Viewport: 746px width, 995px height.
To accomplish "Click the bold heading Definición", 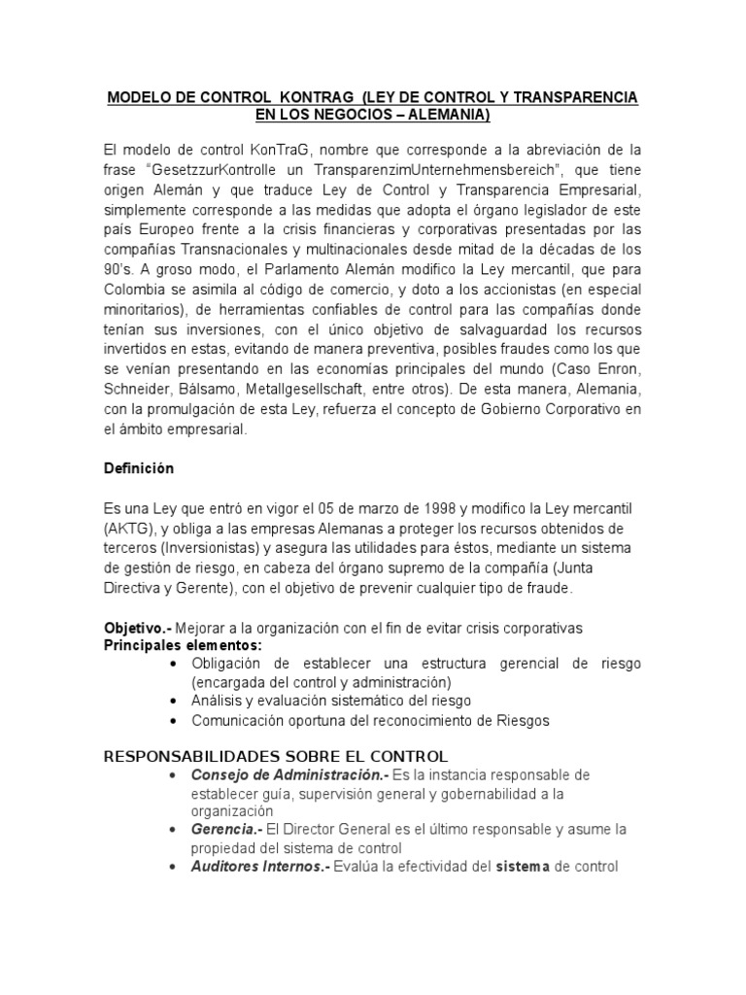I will pos(138,468).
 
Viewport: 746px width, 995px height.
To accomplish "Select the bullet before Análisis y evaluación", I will pos(172,701).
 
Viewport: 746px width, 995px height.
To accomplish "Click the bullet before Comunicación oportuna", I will pos(172,721).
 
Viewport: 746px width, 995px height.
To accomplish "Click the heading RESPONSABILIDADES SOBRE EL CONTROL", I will pos(275,755).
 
